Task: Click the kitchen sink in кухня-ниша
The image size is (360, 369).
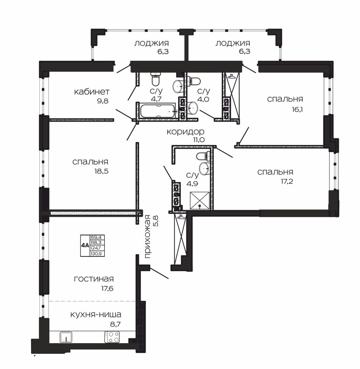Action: coord(66,337)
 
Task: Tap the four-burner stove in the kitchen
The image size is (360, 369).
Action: coord(112,337)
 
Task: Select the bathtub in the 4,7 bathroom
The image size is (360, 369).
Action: coord(158,111)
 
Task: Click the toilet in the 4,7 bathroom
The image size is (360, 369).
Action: coord(155,79)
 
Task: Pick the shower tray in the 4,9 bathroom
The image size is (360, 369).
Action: coord(199,200)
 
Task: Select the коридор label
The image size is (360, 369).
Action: coord(186,131)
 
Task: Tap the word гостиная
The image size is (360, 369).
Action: coord(94,279)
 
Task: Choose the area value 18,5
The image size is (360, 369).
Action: coord(101,171)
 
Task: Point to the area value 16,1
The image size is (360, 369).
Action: coord(297,110)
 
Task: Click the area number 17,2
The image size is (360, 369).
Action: coord(287,181)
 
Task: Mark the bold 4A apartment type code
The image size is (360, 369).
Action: coord(85,245)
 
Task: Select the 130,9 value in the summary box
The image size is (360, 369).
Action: coord(97,253)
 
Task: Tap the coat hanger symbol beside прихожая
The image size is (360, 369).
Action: coord(180,217)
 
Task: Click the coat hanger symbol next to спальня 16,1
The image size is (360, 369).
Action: coord(232,76)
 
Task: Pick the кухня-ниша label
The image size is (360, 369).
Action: coord(96,314)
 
